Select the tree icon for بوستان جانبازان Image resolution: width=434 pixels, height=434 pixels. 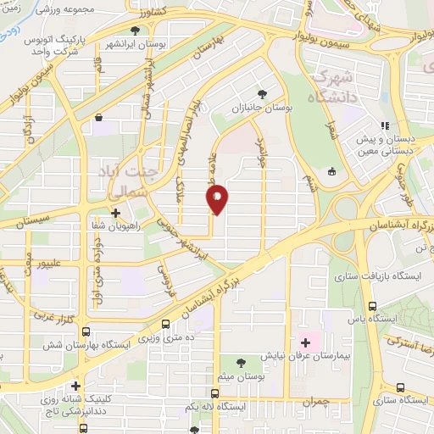coord(260,94)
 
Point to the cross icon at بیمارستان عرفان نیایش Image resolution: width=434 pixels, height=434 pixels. coord(305,342)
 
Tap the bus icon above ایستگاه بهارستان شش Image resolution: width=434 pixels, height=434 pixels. coord(164,324)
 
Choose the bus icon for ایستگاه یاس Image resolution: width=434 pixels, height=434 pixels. coord(372,306)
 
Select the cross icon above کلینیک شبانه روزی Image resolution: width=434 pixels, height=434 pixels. coord(75,386)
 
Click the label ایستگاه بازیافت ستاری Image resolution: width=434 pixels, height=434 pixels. coord(371,276)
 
